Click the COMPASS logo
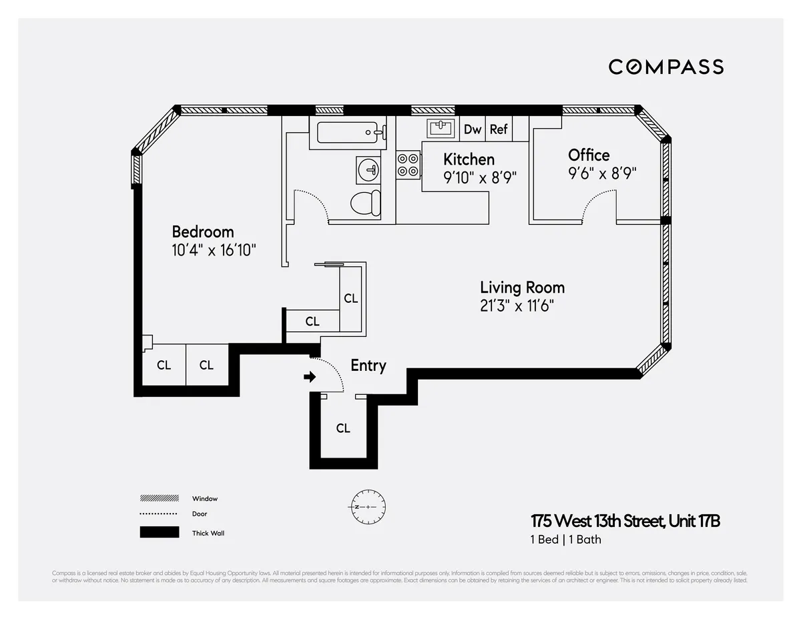(x=665, y=67)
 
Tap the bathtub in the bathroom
(x=350, y=133)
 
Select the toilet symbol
(x=366, y=202)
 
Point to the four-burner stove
(x=408, y=165)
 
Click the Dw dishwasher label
(x=473, y=129)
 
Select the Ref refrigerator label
(x=499, y=129)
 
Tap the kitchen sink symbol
(x=441, y=127)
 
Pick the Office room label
(x=589, y=155)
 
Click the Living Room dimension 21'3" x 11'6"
(x=517, y=306)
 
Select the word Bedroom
(x=203, y=231)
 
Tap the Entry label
(x=368, y=366)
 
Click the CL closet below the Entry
(x=343, y=428)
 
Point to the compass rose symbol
(x=366, y=507)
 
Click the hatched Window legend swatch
(x=159, y=498)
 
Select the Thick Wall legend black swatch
(x=159, y=532)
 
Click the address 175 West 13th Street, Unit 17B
(x=625, y=521)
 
